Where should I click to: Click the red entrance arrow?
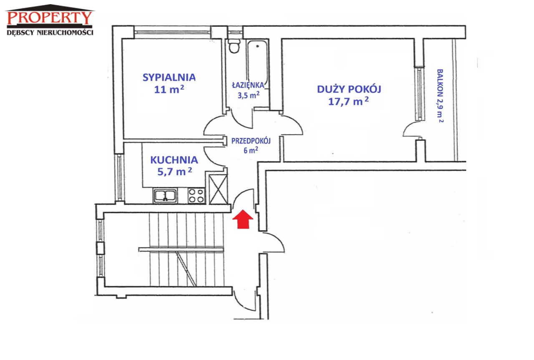[243, 219]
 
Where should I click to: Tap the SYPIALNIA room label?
[169, 78]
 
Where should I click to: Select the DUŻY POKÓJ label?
[349, 89]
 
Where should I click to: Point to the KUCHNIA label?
[174, 160]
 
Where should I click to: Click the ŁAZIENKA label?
[248, 85]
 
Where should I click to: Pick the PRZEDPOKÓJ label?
[251, 141]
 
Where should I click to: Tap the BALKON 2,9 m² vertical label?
[440, 96]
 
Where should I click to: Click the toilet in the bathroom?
[234, 46]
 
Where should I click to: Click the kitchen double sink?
[165, 196]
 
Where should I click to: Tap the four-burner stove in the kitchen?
[196, 196]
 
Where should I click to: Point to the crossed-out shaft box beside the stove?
[218, 189]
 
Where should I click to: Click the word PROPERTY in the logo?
[50, 18]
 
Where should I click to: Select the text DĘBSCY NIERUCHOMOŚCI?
[50, 33]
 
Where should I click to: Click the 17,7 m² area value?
[348, 101]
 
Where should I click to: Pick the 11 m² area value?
[169, 89]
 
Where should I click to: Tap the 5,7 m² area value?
[174, 171]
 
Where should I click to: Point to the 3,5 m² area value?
[248, 95]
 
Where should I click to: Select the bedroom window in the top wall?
[172, 32]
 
